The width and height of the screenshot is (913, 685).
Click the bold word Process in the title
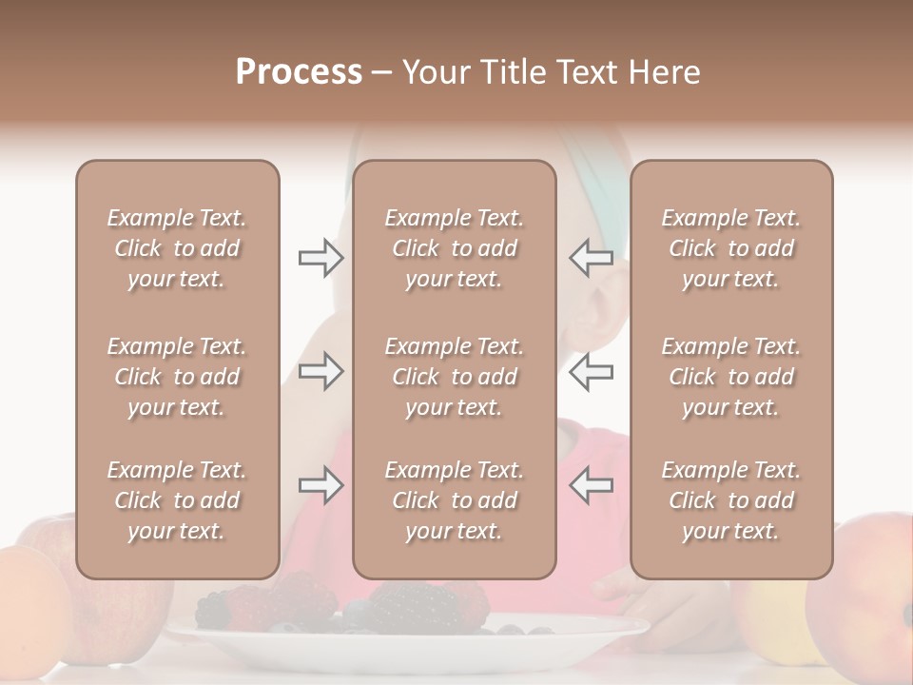tap(299, 72)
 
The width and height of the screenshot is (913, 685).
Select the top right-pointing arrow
tap(321, 258)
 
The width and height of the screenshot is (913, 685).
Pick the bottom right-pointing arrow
tap(321, 486)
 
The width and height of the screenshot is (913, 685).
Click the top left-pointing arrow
tap(591, 258)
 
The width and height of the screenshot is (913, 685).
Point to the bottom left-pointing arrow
tap(591, 486)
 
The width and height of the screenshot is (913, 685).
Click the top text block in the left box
tap(177, 248)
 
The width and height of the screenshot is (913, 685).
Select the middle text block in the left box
tap(177, 377)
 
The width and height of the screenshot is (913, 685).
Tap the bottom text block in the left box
tap(177, 500)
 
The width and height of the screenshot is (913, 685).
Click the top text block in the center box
tap(454, 248)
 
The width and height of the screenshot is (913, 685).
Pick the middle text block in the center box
tap(454, 377)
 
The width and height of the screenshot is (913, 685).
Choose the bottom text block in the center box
tap(454, 500)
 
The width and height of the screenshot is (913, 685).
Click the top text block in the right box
tap(730, 248)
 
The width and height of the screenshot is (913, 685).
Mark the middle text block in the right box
tap(730, 377)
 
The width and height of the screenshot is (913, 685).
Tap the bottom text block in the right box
tap(730, 500)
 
